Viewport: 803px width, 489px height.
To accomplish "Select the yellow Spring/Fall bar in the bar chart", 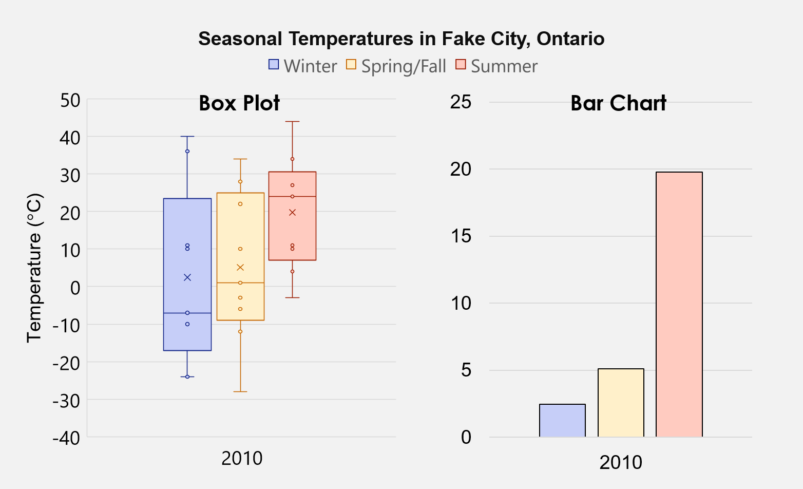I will [621, 403].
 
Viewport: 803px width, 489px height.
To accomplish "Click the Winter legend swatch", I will [274, 65].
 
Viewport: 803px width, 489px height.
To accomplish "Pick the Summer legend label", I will [504, 66].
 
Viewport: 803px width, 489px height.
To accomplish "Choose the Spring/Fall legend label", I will [404, 66].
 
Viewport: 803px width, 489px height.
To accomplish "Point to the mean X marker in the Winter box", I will [187, 277].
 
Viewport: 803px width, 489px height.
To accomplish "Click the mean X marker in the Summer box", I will [292, 212].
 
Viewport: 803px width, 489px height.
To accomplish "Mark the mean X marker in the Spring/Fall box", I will [240, 267].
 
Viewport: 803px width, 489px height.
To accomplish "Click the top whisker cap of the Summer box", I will [292, 122].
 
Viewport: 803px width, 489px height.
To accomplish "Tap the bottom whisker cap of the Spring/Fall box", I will [240, 391].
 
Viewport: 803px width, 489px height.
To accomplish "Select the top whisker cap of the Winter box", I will [187, 137].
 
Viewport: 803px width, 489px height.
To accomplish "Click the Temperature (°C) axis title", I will [34, 268].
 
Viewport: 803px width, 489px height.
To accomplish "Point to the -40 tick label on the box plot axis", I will [66, 438].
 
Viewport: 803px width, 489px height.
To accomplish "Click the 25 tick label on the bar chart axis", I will [461, 102].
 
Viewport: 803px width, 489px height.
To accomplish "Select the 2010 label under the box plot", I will [242, 458].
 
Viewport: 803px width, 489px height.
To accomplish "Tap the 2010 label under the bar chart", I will [621, 462].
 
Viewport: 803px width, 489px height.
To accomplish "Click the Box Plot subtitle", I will [239, 103].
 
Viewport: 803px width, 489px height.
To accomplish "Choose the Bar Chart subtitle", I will [618, 103].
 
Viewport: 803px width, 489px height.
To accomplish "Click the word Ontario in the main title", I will [570, 39].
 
